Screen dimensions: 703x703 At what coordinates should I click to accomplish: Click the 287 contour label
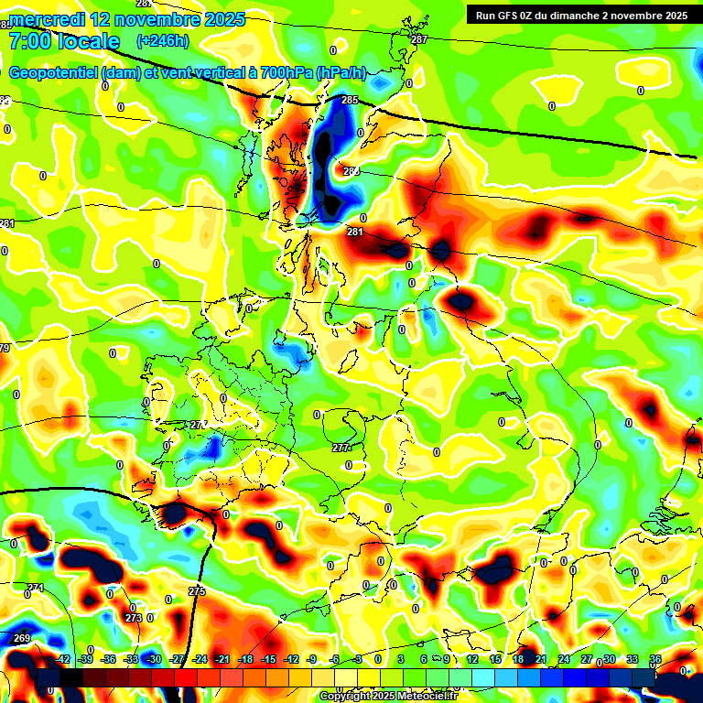click(x=419, y=40)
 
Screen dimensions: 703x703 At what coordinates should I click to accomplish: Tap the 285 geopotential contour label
click(x=350, y=100)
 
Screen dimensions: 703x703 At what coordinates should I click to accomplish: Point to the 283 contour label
click(x=351, y=171)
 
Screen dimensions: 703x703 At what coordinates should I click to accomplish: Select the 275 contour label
click(x=197, y=591)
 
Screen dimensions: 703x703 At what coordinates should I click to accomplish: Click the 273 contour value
click(x=133, y=618)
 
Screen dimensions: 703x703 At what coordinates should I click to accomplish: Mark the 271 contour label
click(x=35, y=588)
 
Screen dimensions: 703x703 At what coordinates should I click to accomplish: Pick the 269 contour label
click(x=22, y=638)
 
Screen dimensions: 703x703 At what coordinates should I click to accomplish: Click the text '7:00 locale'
click(x=64, y=41)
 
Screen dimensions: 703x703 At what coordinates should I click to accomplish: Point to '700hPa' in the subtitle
click(x=282, y=72)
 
